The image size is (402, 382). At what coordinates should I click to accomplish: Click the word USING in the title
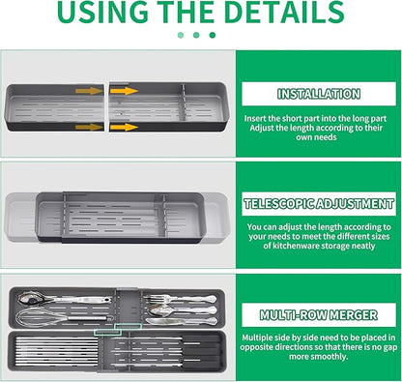(x=102, y=12)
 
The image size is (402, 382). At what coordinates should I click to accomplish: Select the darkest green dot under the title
(x=213, y=35)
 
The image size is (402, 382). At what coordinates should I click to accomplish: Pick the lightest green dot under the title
(x=181, y=35)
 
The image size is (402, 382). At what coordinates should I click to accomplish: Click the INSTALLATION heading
(x=319, y=94)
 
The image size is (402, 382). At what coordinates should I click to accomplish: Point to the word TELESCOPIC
(x=279, y=204)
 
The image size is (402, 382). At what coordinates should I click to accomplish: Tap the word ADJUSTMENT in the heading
(x=355, y=204)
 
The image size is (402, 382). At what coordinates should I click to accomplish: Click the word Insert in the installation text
(x=255, y=118)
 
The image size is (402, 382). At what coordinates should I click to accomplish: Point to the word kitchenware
(x=292, y=246)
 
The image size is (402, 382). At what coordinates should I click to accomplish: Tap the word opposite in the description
(x=254, y=347)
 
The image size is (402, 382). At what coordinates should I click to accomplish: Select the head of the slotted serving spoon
(x=32, y=298)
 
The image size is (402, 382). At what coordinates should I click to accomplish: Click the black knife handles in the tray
(x=200, y=351)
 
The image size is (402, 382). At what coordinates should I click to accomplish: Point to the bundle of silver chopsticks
(x=57, y=352)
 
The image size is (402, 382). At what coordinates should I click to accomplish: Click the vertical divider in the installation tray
(x=183, y=103)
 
